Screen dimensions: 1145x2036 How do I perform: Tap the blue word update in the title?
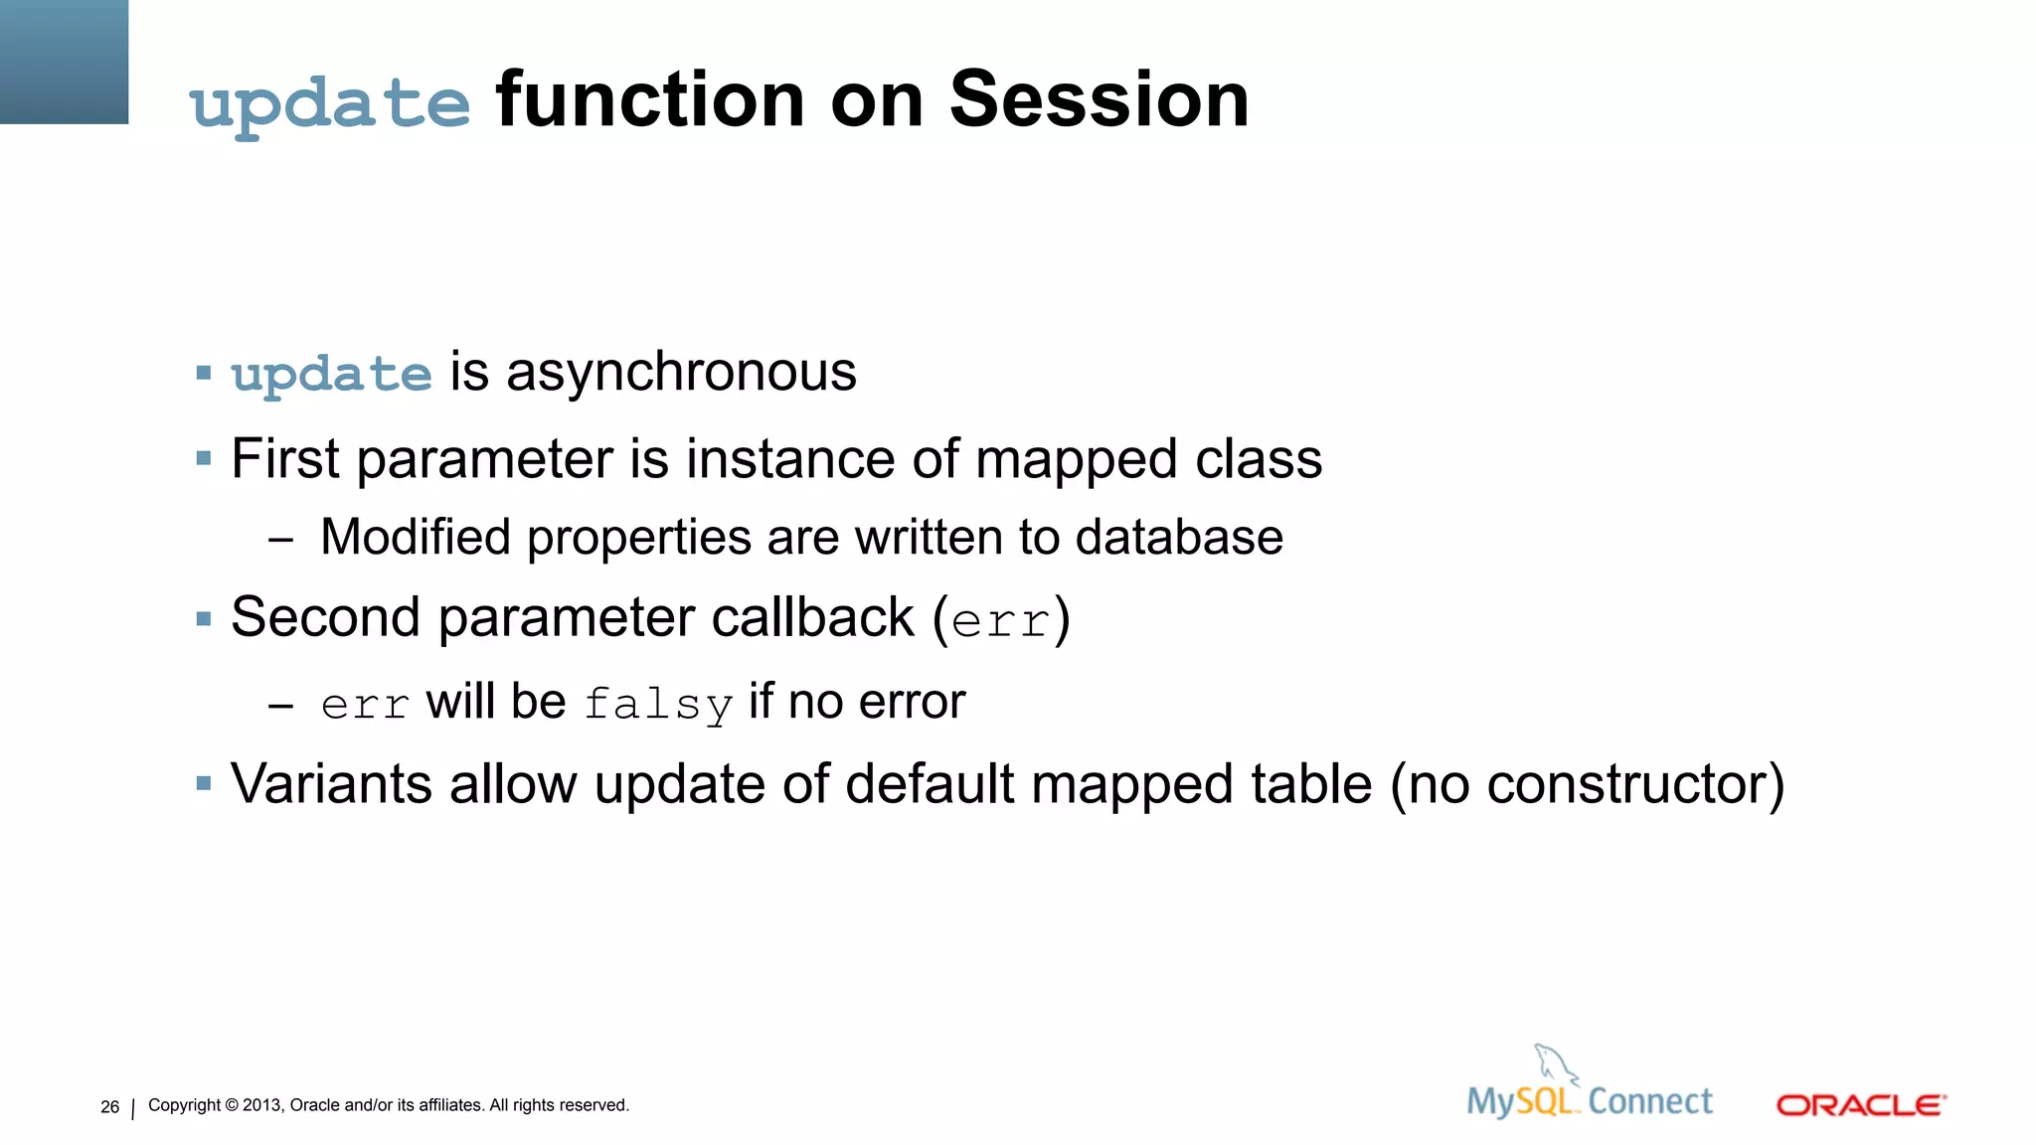pos(330,104)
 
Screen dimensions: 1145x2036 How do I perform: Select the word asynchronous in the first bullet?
pos(681,373)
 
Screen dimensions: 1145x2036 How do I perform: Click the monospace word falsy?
pos(658,704)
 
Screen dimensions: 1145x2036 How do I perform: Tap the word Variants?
pos(331,783)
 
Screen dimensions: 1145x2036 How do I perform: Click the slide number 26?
pos(109,1106)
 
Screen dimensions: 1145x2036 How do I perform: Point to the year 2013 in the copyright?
pos(262,1105)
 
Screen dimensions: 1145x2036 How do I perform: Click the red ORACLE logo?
pos(1861,1105)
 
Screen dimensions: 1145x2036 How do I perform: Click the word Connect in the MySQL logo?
pos(1650,1101)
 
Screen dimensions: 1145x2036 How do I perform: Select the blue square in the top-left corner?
pos(64,62)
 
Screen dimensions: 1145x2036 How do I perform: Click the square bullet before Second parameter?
pos(204,619)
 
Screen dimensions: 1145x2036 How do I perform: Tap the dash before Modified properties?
pos(280,540)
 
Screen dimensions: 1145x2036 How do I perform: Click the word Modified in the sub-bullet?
pos(416,538)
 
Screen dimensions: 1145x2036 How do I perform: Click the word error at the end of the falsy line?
pos(912,702)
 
